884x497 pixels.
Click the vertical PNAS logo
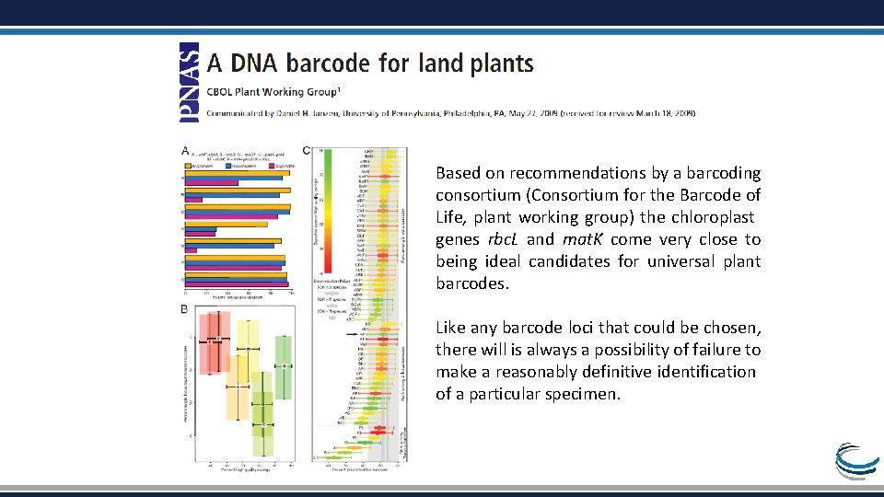188,83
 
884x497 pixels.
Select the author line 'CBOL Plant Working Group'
273,92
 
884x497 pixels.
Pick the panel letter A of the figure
185,150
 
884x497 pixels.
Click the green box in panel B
284,367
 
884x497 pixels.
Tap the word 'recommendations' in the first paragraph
581,173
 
